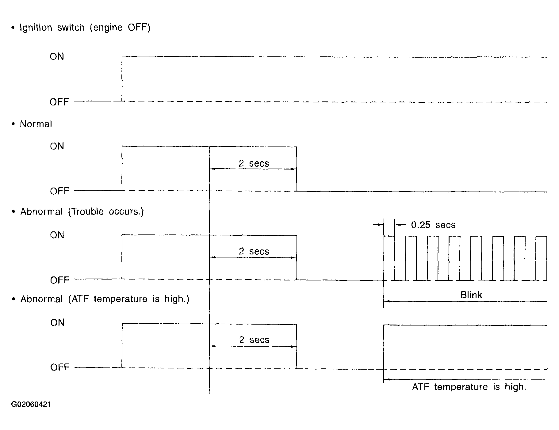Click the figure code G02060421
coord(31,404)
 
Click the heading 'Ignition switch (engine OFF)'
coord(85,28)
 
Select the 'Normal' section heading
coord(36,124)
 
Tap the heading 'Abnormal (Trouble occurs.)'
coord(82,211)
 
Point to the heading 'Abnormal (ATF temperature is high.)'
coord(105,299)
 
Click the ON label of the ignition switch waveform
coord(57,56)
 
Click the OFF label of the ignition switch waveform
coord(59,102)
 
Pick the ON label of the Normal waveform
coord(57,146)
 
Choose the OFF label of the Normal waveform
coord(59,191)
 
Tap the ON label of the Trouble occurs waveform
coord(57,235)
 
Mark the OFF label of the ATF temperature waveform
coord(60,367)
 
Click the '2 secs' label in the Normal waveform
coord(254,163)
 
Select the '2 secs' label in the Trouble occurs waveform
coord(254,251)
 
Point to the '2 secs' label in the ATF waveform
coord(254,340)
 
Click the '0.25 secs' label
coord(433,225)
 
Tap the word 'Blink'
coord(471,295)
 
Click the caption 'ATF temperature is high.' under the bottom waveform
coord(469,387)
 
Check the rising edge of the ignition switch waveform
coord(122,78)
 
